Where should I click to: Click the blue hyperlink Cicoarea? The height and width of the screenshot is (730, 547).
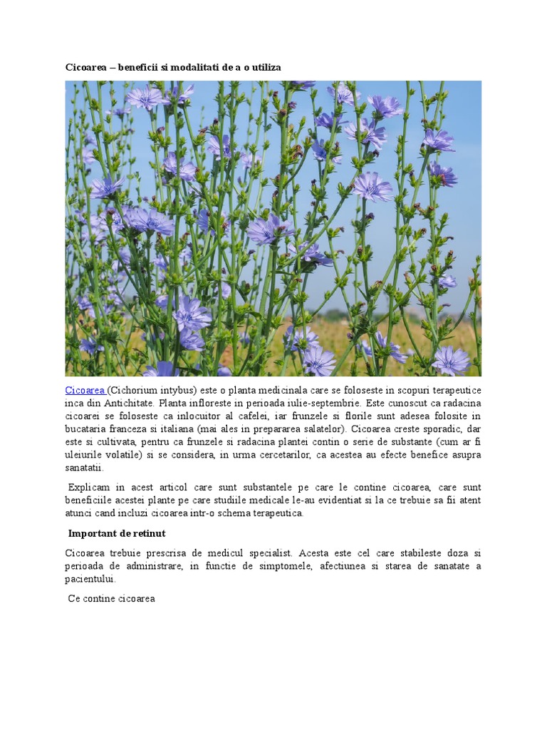[85, 390]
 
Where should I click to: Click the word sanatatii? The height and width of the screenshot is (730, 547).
[84, 468]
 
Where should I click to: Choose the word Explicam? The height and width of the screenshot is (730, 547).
[89, 487]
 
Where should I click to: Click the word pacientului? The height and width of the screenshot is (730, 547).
[90, 579]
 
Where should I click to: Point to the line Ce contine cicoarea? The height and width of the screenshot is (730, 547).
[111, 598]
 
